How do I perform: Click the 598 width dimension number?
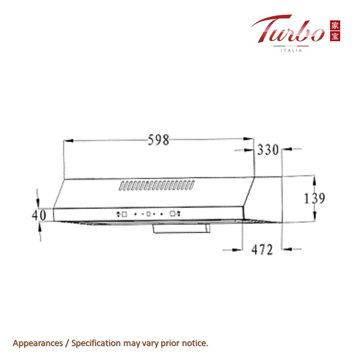pos(158,140)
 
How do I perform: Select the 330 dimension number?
pos(268,150)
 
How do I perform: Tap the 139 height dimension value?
pos(314,198)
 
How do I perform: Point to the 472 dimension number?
pos(262,249)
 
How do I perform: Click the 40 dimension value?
pos(39,215)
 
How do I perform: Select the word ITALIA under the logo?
pos(291,50)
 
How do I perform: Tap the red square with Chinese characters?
pos(335,31)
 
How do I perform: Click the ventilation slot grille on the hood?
pos(157,185)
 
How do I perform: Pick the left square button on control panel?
pos(125,214)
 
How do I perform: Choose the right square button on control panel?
pos(173,213)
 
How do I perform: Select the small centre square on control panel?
pos(148,214)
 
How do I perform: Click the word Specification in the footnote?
pos(96,343)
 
